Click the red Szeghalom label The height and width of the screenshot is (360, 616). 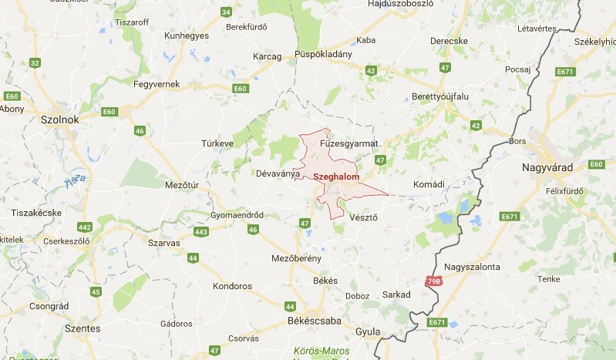click(337, 177)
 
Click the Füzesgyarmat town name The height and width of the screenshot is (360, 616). click(349, 143)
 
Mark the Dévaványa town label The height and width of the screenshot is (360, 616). click(277, 173)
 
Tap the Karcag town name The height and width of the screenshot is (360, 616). click(268, 57)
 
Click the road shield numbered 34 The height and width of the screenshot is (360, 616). click(226, 12)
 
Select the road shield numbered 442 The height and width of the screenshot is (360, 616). click(85, 227)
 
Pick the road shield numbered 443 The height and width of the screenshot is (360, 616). click(202, 232)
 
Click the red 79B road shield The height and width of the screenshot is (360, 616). click(435, 283)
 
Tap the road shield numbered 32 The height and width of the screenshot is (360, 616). click(35, 62)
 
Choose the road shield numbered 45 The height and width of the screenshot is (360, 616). click(96, 291)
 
